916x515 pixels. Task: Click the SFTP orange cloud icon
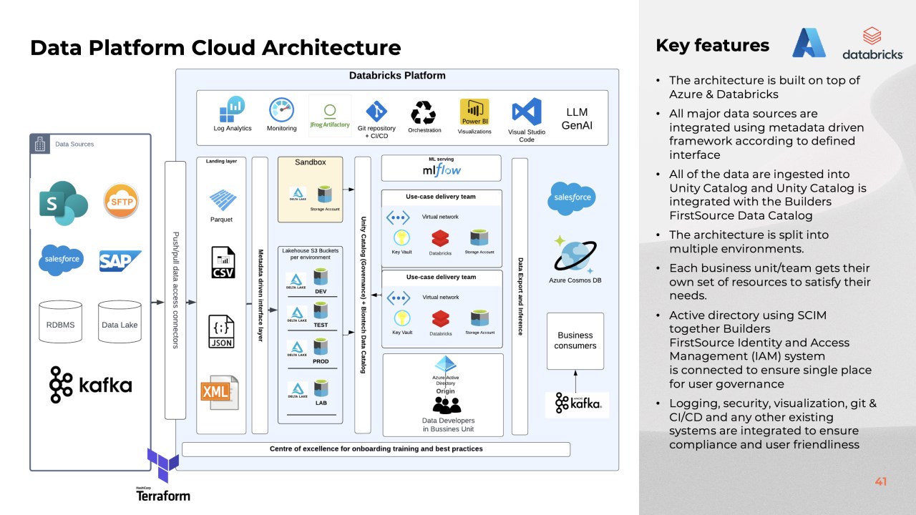click(x=121, y=201)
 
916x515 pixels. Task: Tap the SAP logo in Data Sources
click(x=120, y=261)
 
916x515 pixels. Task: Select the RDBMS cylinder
click(x=60, y=324)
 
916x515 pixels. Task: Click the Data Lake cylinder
click(x=120, y=324)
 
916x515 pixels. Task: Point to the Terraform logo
click(x=163, y=475)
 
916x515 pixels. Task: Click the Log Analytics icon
click(x=233, y=110)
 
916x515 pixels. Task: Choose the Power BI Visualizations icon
click(x=474, y=112)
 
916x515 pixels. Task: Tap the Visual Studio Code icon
click(x=527, y=112)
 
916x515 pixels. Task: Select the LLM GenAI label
click(x=576, y=119)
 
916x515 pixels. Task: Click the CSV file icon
click(x=222, y=263)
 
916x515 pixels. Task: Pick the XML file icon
click(x=219, y=392)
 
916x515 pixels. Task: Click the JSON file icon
click(x=221, y=331)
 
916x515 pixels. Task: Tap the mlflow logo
click(x=442, y=170)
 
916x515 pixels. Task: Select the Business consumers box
click(x=575, y=340)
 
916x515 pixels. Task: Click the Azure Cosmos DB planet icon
click(x=575, y=255)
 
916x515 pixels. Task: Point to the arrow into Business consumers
click(x=575, y=380)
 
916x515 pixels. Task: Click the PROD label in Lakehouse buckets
click(x=321, y=361)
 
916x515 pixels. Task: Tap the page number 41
click(x=880, y=481)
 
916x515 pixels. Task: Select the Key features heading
click(x=712, y=45)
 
